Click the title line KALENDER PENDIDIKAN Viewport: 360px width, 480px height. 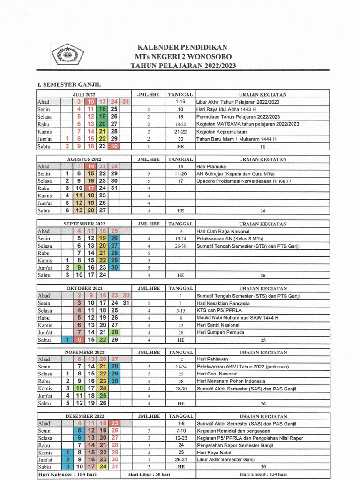pos(182,47)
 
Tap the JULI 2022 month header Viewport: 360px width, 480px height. pos(84,94)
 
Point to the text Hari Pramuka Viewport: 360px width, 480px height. pos(211,166)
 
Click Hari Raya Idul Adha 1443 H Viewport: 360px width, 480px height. pos(224,109)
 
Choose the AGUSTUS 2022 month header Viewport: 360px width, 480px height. pos(84,159)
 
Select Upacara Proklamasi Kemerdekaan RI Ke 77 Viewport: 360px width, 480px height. pos(244,181)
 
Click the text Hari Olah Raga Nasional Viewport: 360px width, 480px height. pos(223,231)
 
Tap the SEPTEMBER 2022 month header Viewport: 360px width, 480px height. pos(84,224)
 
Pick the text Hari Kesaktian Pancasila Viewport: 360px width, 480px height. pos(223,303)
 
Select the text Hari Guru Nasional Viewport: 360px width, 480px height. pos(217,374)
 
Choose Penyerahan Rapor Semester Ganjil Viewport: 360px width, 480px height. pos(234,445)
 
